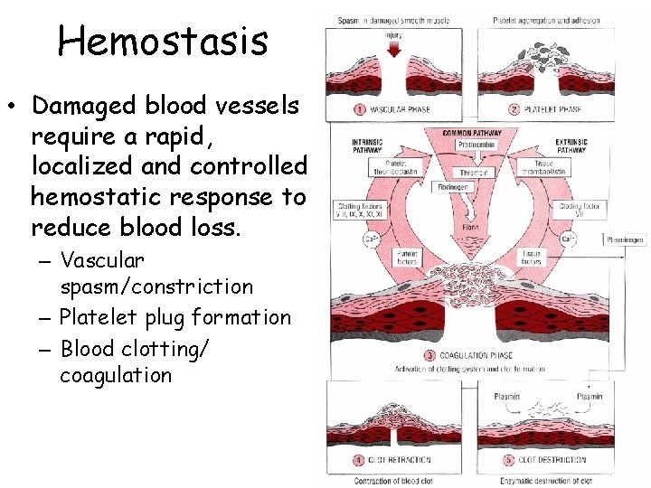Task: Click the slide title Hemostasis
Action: point(162,40)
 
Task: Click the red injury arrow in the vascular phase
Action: point(393,49)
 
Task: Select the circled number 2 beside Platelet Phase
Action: point(512,109)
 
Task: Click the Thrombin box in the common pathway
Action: point(474,172)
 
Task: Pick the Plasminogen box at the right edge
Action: point(626,240)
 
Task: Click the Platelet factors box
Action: point(409,258)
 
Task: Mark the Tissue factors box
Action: point(530,258)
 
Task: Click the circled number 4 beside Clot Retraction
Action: point(359,460)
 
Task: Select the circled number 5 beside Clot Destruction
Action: point(510,460)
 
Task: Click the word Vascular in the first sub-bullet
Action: point(102,261)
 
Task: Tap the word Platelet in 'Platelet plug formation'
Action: point(95,318)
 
